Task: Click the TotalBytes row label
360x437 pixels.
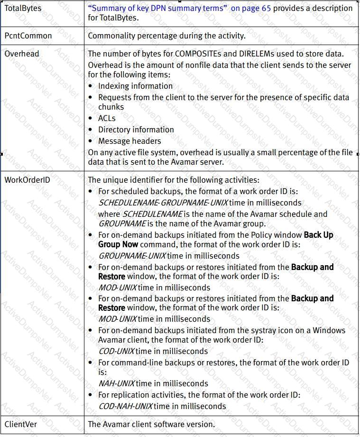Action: [x=23, y=9]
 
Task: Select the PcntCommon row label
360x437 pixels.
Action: [x=28, y=36]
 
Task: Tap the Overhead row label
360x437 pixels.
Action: [x=22, y=54]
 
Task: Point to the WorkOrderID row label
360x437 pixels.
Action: [x=27, y=180]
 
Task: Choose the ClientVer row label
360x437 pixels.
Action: [x=20, y=424]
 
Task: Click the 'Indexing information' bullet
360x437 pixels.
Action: [x=135, y=86]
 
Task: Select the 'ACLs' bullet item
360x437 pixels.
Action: [x=107, y=118]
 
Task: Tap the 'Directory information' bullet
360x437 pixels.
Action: [x=136, y=130]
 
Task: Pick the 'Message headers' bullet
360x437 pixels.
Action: [x=129, y=141]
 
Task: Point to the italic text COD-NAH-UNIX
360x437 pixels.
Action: [x=125, y=406]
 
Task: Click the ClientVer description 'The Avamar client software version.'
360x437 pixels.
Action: [x=151, y=424]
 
